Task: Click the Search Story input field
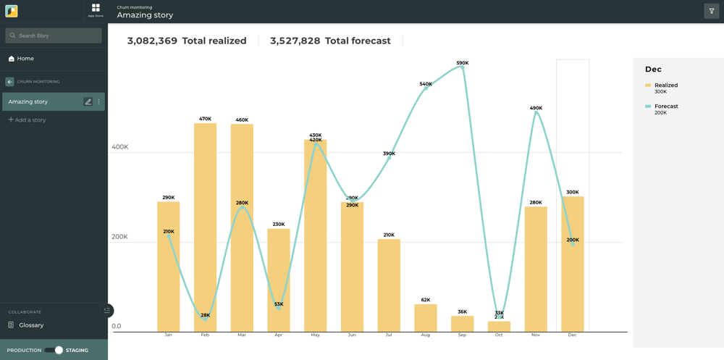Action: click(x=54, y=35)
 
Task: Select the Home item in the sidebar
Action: click(x=25, y=59)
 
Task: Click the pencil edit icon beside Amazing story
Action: click(x=88, y=102)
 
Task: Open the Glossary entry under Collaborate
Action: click(x=31, y=325)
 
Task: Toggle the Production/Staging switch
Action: click(x=54, y=351)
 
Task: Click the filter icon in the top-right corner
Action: click(x=711, y=12)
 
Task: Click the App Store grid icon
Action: click(x=96, y=9)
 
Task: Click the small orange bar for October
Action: click(x=499, y=327)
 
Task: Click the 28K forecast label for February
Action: click(x=206, y=316)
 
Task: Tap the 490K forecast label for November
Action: click(x=536, y=108)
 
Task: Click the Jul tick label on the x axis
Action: click(x=389, y=335)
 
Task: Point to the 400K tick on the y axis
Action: click(x=119, y=147)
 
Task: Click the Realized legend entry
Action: click(x=665, y=85)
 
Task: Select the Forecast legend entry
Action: click(x=665, y=106)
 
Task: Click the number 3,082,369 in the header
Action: click(x=152, y=41)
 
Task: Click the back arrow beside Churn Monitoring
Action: click(x=9, y=82)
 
